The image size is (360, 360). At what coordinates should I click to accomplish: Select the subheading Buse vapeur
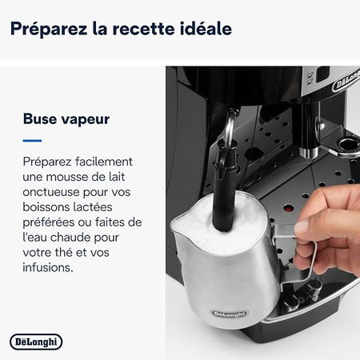click(66, 119)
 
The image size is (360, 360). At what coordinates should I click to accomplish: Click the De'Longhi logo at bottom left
click(36, 342)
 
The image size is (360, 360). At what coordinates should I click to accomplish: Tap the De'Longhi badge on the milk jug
click(230, 314)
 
